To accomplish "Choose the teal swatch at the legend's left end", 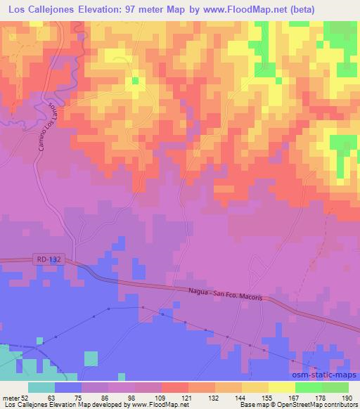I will [x=41, y=387].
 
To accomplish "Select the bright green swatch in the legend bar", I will [x=307, y=387].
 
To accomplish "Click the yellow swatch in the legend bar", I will [x=281, y=387].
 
